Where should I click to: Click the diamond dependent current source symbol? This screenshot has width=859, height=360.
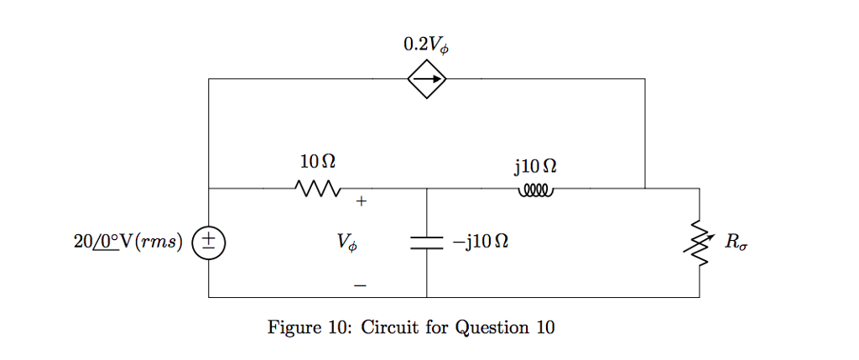427,80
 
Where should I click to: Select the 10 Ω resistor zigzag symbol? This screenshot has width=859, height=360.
317,188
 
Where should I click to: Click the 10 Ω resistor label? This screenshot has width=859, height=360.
317,160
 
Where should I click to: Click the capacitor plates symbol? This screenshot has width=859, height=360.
427,243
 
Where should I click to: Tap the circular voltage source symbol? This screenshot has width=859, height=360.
209,243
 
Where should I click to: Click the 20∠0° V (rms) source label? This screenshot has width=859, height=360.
128,243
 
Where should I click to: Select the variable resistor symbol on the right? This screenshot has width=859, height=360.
700,243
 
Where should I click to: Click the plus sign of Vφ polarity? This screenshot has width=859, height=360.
361,202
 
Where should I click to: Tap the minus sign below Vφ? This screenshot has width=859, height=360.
360,286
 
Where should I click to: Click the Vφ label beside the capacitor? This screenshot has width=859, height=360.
347,243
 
